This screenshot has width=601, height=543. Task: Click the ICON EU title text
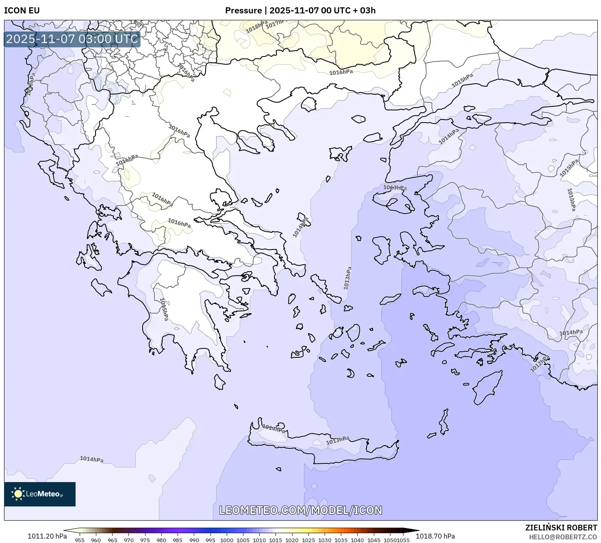[x=22, y=11]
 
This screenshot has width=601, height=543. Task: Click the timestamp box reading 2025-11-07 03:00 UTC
[x=72, y=39]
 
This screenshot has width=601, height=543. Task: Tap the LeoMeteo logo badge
[x=40, y=494]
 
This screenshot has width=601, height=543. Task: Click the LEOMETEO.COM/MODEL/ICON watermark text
[x=301, y=510]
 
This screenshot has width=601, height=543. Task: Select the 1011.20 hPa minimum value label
[x=47, y=536]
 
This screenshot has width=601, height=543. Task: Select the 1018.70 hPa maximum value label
[x=435, y=536]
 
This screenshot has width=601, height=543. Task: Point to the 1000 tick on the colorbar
[x=227, y=540]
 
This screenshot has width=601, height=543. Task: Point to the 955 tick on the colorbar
[x=80, y=540]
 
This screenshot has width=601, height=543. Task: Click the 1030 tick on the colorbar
[x=325, y=540]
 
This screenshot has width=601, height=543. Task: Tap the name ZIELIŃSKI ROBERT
[x=561, y=528]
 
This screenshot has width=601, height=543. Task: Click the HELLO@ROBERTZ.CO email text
[x=563, y=537]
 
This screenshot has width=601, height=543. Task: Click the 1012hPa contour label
[x=540, y=364]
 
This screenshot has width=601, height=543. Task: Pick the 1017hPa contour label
[x=277, y=24]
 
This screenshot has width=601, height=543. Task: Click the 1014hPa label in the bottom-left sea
[x=91, y=459]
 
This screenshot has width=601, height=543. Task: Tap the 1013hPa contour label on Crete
[x=338, y=440]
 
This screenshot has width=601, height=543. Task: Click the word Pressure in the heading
[x=243, y=11]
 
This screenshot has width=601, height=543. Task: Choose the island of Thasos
[x=358, y=119]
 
